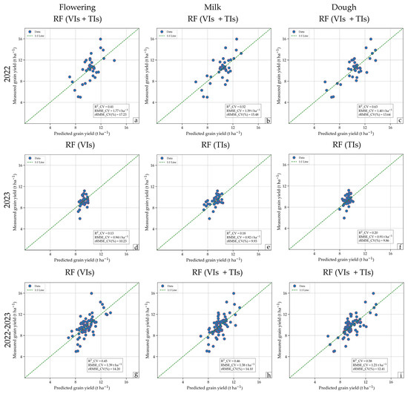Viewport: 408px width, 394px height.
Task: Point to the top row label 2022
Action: click(7, 74)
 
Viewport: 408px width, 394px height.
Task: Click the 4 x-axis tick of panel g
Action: click(50, 381)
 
